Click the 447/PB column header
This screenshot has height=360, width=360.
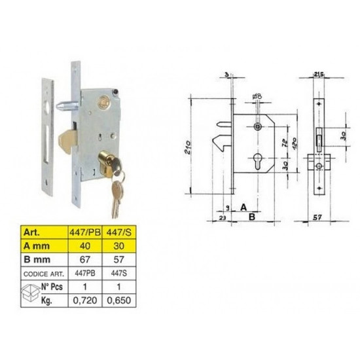coord(85,232)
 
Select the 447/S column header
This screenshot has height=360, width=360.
coord(119,232)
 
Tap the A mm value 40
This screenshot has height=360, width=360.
coord(85,246)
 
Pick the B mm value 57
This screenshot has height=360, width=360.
coord(119,259)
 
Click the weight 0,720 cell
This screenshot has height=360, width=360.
coord(85,300)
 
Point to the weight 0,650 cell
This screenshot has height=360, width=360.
coord(119,300)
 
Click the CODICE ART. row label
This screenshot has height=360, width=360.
coord(44,274)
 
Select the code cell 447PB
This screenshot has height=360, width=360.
coord(85,273)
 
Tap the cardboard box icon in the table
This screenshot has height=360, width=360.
coord(30,293)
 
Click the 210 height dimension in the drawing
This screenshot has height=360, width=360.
coord(188,147)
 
